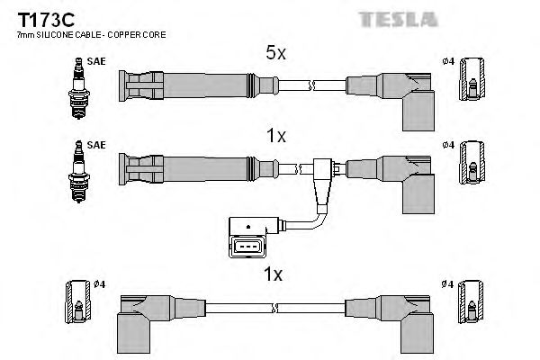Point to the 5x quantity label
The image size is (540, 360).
(x=274, y=54)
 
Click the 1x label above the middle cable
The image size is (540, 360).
(x=274, y=137)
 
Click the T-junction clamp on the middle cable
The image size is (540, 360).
(x=325, y=169)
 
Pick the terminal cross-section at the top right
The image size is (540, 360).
(x=472, y=81)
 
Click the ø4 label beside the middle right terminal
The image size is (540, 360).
(x=448, y=144)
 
